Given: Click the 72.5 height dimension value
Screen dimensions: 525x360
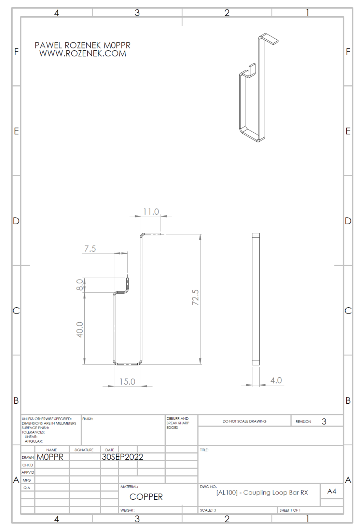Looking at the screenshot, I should (195, 297).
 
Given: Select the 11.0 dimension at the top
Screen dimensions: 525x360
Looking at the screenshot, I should (151, 212).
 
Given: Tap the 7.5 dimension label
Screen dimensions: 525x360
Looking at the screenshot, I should (90, 248).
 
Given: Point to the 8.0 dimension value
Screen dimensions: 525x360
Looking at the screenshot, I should (80, 284).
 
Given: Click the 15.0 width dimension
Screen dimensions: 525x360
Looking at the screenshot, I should (127, 381).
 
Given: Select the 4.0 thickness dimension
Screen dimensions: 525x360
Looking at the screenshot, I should (276, 380).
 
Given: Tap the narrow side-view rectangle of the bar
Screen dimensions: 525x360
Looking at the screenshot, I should (255, 299).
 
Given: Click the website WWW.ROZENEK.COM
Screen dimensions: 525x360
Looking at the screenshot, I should (83, 54).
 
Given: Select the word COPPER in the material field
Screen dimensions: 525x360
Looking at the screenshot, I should (146, 497).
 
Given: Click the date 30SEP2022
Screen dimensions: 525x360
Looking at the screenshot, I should (122, 457).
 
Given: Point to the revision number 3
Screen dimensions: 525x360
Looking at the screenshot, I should (324, 421).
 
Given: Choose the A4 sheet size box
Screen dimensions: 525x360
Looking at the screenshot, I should (331, 491).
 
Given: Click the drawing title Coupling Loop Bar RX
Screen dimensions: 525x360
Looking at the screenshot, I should (262, 493).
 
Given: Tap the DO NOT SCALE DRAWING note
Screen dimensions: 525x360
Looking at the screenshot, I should (244, 421).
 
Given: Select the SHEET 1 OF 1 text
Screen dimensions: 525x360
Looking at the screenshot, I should (290, 510).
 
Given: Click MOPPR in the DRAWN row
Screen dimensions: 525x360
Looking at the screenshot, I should (50, 457).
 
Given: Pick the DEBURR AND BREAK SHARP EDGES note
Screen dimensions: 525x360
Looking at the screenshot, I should (178, 423).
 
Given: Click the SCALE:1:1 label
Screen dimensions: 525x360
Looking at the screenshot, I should (208, 510).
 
